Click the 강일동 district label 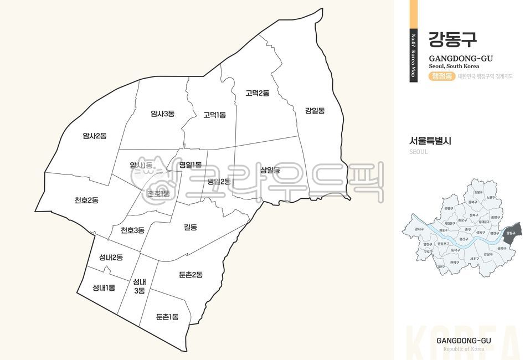click(315, 110)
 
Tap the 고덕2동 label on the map click(258, 93)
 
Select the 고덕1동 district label click(214, 115)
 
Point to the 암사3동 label click(162, 114)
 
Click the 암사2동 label click(95, 135)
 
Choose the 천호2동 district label click(86, 200)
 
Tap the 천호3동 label click(132, 230)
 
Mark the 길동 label click(191, 227)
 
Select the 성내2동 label click(111, 257)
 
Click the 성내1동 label click(104, 287)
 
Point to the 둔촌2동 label click(191, 274)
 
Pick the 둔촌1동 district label click(167, 317)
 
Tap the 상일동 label click(270, 170)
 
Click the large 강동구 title click(452, 39)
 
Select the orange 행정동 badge click(441, 76)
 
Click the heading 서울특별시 click(430, 141)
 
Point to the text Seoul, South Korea click(454, 66)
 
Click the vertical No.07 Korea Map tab click(413, 55)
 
